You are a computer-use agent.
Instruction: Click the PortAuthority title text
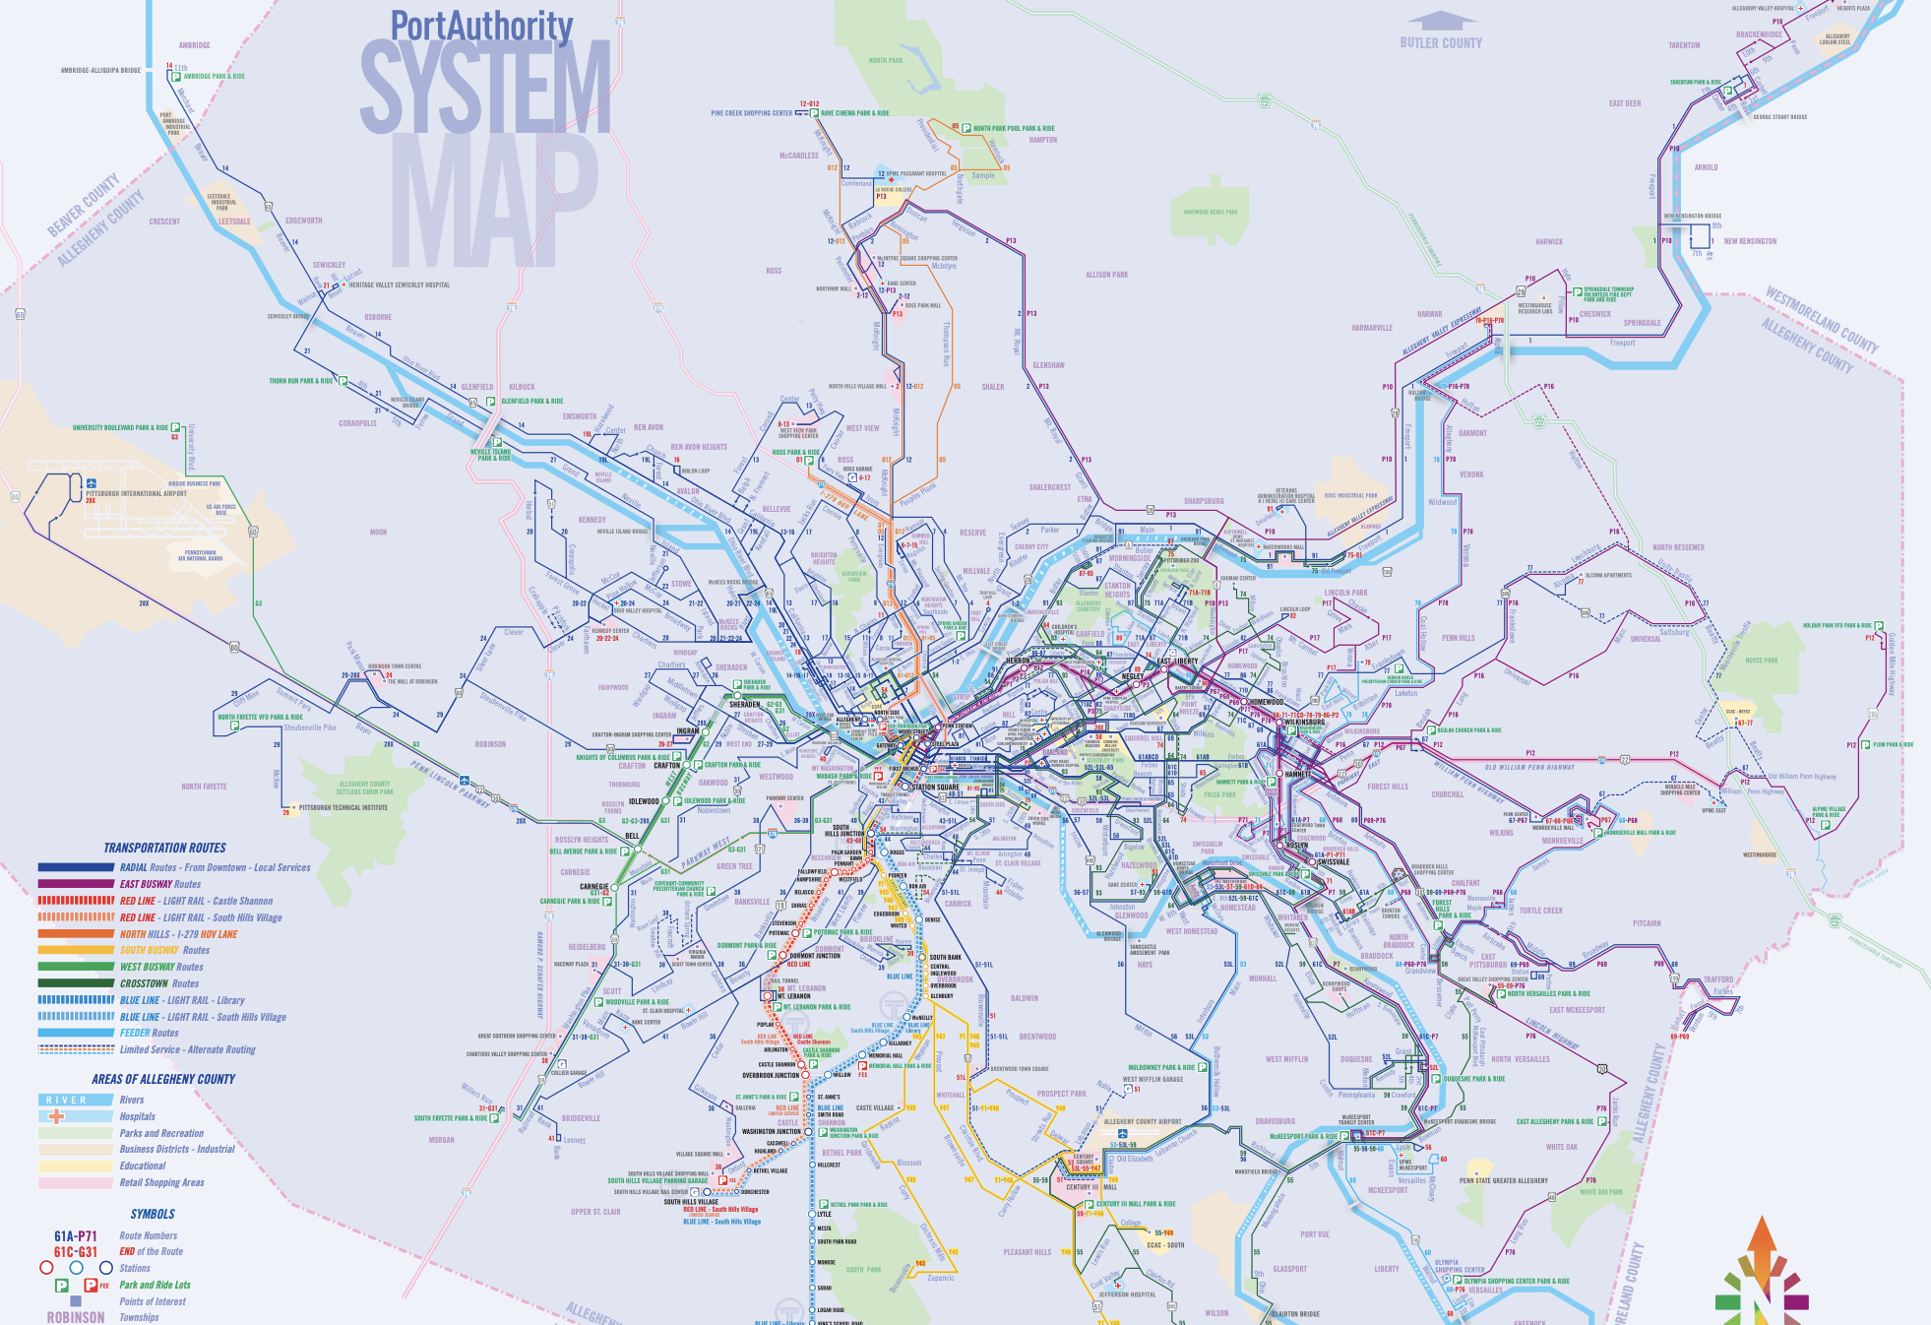481,26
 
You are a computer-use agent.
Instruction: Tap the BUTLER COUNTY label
1440,43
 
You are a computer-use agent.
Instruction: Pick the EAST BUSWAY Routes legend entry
159,884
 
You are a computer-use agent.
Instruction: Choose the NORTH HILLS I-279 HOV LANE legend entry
178,934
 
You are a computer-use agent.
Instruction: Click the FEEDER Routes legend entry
149,1033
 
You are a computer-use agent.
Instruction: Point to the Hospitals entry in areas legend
137,1116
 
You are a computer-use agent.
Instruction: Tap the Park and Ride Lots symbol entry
155,1285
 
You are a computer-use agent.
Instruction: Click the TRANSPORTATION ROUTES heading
164,848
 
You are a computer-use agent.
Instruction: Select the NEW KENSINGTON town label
1750,241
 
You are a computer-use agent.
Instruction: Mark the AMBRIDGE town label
194,45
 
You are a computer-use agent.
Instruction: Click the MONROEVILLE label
1562,841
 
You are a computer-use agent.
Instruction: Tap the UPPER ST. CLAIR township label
595,1212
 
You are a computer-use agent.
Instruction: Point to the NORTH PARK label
885,60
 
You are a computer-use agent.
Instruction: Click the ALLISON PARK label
1106,275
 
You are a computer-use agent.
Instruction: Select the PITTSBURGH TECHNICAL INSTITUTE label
343,807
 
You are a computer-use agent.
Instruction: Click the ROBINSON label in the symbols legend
75,1317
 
